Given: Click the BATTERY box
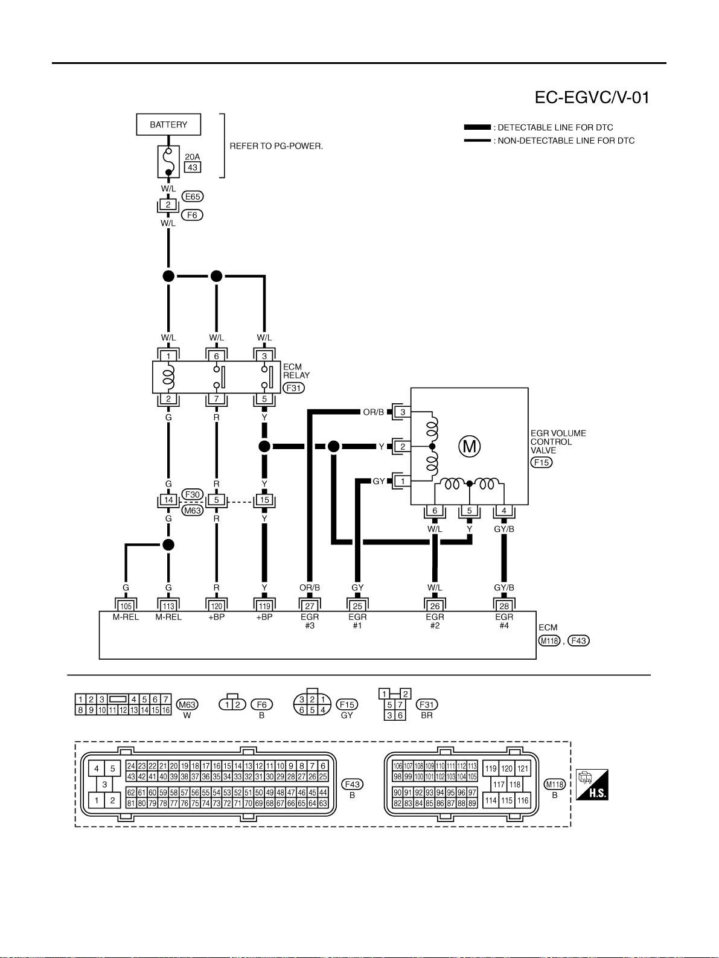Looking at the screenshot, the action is (168, 124).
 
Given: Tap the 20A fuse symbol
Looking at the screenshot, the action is (168, 162).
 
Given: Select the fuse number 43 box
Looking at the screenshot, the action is (193, 167).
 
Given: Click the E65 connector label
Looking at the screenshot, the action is (193, 196).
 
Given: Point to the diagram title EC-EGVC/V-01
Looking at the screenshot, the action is (592, 97).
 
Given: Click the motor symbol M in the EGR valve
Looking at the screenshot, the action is (470, 446).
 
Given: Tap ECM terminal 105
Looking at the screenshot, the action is (126, 606).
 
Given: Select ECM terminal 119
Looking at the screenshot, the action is (264, 606).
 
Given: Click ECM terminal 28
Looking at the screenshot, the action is (504, 606).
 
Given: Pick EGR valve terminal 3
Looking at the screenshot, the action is (403, 412).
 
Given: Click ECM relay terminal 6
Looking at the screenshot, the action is (216, 356).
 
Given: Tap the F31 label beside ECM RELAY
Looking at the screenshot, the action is (293, 388).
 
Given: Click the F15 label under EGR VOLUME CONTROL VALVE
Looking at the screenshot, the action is (542, 462).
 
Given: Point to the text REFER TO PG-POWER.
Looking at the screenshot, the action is (276, 146).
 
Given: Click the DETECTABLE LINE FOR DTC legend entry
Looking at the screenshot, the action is (539, 127).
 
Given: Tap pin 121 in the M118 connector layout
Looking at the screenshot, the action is (523, 768).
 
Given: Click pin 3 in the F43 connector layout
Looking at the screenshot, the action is (104, 784).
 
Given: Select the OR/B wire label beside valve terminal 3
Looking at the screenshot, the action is (374, 412).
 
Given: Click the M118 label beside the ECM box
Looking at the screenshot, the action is (549, 640).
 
